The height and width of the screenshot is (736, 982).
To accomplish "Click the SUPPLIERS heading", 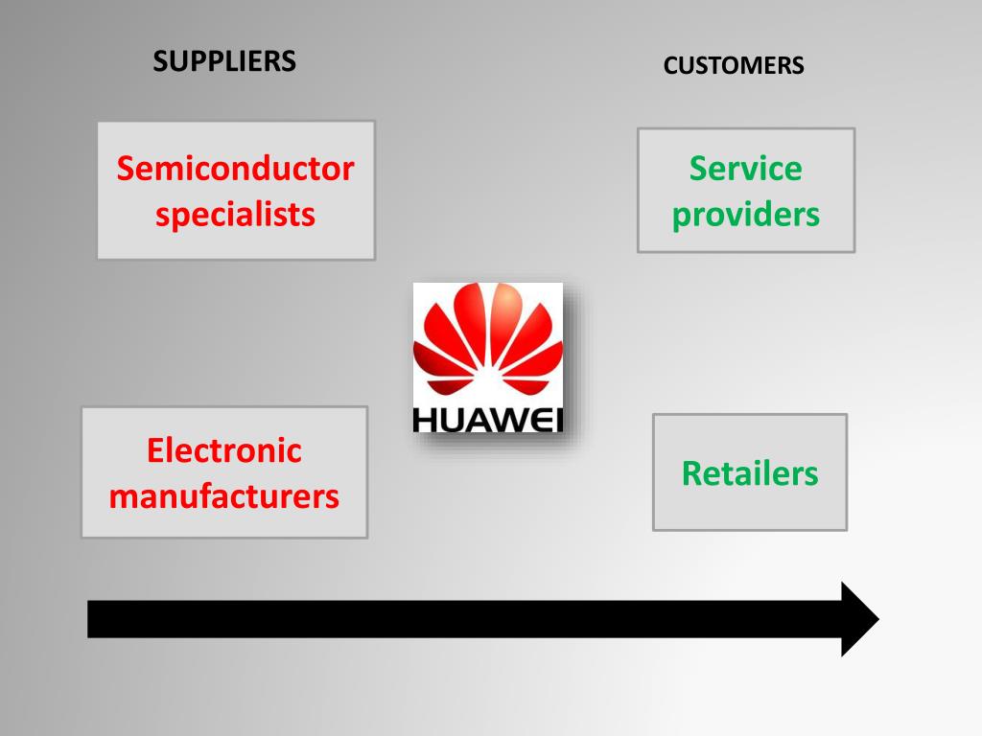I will point(224,61).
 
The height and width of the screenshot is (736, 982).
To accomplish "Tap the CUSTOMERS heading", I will point(734,66).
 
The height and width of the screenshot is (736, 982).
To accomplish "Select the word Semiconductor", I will point(235,170).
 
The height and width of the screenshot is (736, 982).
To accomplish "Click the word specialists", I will point(235,215).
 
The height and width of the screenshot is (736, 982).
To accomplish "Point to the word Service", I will point(745,170).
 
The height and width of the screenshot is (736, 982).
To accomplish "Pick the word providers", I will point(745,215).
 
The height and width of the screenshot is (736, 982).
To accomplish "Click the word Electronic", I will point(223,450).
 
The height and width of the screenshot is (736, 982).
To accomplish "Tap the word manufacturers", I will point(223,496).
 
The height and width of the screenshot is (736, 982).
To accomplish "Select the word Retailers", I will point(750,473).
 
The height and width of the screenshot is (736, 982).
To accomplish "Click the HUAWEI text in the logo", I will point(488,420).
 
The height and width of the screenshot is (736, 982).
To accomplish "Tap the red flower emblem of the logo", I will point(488,341).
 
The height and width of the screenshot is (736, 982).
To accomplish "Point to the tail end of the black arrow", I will point(93,619).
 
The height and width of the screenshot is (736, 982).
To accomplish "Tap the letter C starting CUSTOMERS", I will point(669,66).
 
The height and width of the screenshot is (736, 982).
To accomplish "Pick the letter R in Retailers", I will point(691,473).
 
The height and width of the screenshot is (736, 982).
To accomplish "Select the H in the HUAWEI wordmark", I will point(425,420).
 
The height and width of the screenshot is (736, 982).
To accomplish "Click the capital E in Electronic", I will point(155,450).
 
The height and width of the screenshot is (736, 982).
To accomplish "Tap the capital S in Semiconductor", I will point(126,170).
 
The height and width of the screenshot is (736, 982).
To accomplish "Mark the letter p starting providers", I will point(681,217).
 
